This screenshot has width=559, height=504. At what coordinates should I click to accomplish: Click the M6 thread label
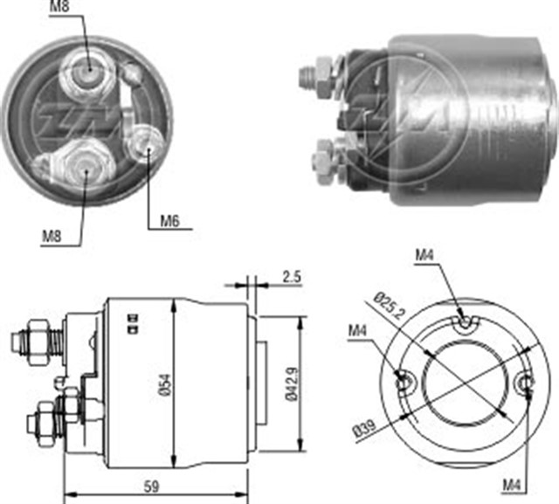169,221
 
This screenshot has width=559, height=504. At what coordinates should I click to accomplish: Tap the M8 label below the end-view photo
52,235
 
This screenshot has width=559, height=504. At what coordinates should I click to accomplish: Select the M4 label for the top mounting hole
424,255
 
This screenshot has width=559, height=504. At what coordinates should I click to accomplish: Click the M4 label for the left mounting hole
357,330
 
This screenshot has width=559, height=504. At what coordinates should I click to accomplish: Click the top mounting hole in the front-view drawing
465,324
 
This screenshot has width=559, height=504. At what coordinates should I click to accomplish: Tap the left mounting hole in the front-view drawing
404,382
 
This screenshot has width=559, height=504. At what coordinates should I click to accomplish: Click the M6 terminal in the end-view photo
144,144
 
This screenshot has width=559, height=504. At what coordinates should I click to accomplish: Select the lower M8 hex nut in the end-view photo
86,163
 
